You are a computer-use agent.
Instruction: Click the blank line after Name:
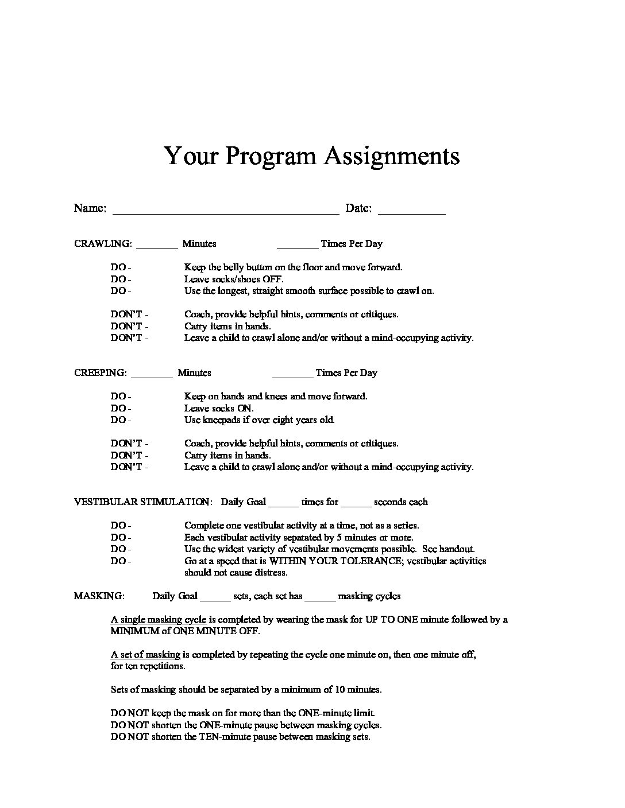226,211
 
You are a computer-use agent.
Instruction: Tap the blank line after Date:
412,211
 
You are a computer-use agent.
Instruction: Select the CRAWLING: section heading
103,243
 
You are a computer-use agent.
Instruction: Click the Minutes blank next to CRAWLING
157,246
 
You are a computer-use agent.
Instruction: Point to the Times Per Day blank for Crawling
298,246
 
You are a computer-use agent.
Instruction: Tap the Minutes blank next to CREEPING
152,375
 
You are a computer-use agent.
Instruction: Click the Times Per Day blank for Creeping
293,375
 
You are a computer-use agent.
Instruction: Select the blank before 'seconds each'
356,504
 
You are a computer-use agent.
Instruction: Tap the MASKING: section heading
99,596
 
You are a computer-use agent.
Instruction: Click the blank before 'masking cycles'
320,599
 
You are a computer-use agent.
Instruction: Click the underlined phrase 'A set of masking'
145,655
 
